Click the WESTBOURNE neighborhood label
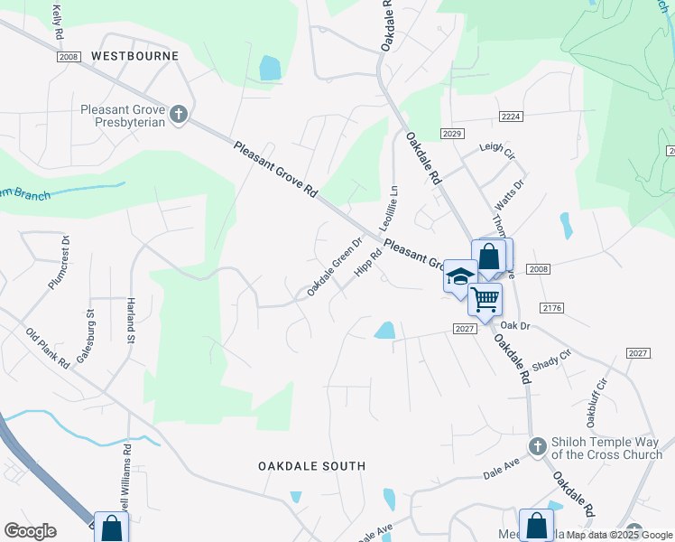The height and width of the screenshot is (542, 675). coord(135,56)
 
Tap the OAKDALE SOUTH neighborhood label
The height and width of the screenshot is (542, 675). coord(311,466)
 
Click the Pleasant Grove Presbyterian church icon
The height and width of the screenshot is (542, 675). coord(179,114)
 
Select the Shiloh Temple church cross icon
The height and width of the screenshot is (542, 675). coord(537,445)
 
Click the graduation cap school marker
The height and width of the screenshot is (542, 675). coord(459,276)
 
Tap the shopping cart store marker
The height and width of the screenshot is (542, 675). coord(485,297)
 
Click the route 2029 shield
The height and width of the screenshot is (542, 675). coord(452,134)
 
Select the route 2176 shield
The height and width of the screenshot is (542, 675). coord(553,308)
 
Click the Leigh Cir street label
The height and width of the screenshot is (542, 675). coord(496,148)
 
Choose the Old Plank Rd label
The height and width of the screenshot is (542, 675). coord(48,350)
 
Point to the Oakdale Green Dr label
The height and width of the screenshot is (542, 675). coord(334,267)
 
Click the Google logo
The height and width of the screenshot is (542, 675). coord(30,531)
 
